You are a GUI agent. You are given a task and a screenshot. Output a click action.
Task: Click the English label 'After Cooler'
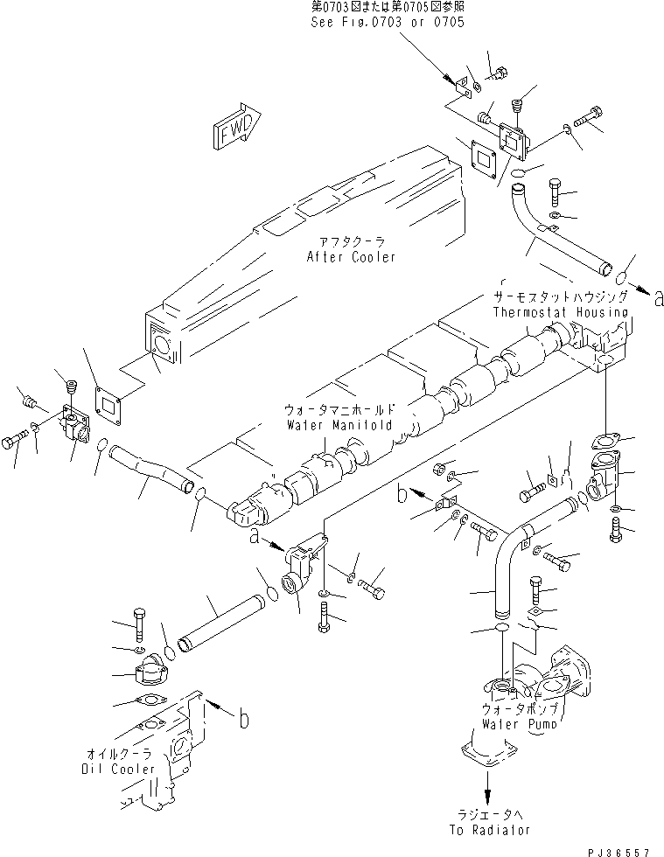(351, 257)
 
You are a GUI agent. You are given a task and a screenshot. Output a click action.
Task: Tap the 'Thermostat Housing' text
(560, 312)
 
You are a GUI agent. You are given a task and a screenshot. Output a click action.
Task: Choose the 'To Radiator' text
(495, 829)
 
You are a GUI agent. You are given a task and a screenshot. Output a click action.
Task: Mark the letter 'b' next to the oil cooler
(242, 719)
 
